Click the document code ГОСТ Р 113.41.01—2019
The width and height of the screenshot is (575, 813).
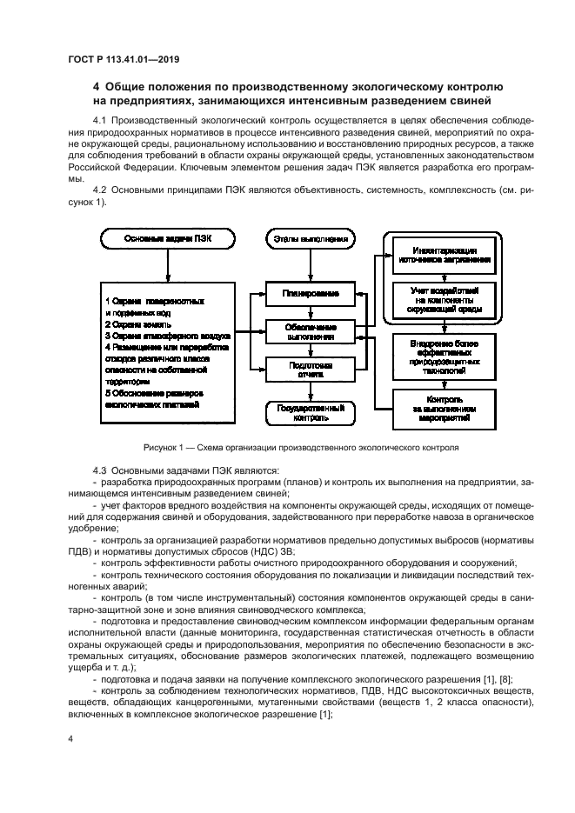(130, 60)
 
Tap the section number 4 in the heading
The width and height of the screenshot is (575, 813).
(97, 88)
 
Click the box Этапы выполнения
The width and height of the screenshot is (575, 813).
(311, 237)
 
